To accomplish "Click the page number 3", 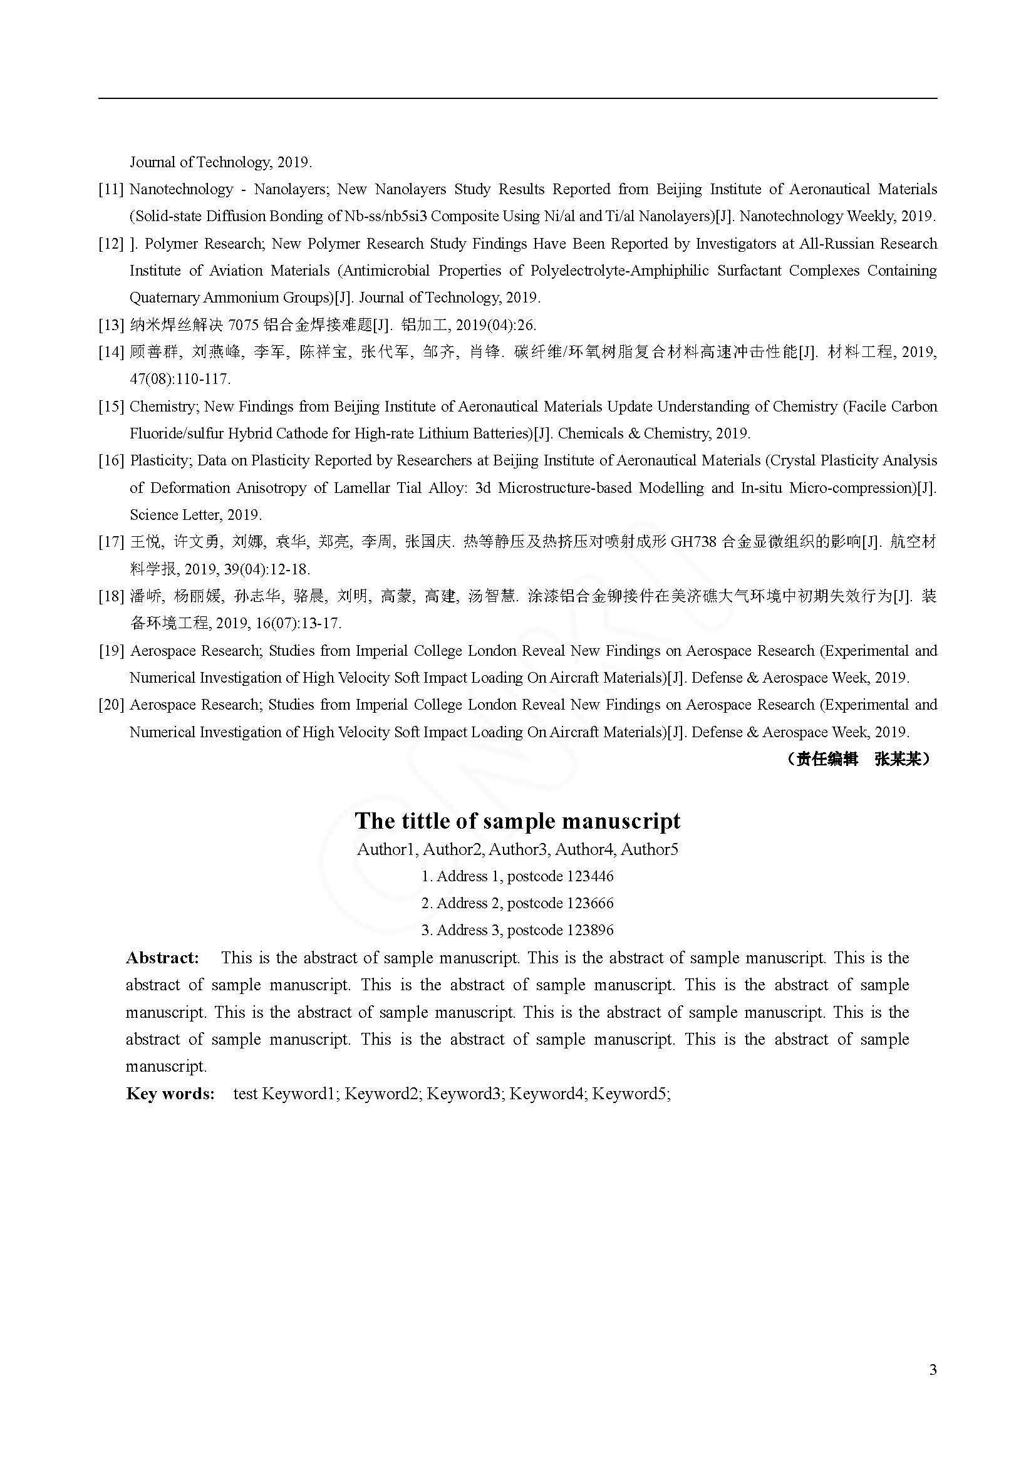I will [933, 1370].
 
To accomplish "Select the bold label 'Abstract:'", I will [163, 958].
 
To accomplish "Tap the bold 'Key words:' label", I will [170, 1094].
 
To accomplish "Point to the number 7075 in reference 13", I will [243, 326].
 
